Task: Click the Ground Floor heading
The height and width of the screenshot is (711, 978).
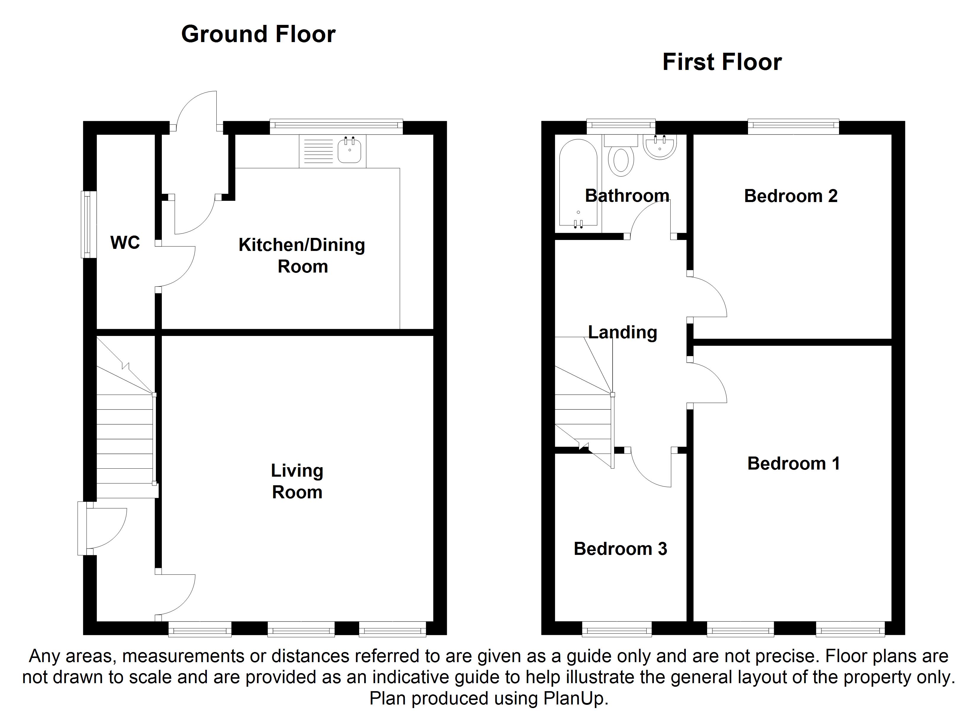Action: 258,34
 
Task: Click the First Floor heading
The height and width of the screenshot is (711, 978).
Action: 722,62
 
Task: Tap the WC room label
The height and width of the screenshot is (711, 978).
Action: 125,243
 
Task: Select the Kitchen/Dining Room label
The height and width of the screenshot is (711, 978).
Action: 302,256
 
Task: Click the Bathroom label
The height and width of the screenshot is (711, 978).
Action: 627,196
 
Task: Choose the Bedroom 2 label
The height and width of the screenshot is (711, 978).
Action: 791,196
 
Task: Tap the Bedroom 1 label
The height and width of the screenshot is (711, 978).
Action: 793,464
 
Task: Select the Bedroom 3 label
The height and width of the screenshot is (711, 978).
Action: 620,549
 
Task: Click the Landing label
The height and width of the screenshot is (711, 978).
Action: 623,332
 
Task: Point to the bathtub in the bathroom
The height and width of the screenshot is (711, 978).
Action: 578,182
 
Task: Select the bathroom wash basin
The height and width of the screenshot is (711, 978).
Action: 660,147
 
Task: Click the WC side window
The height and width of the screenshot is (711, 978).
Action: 89,224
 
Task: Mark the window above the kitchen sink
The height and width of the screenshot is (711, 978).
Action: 336,126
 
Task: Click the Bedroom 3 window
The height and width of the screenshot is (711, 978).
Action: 617,629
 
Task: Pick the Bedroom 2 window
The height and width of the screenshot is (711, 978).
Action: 793,126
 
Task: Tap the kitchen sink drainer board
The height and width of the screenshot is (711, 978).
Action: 318,151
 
